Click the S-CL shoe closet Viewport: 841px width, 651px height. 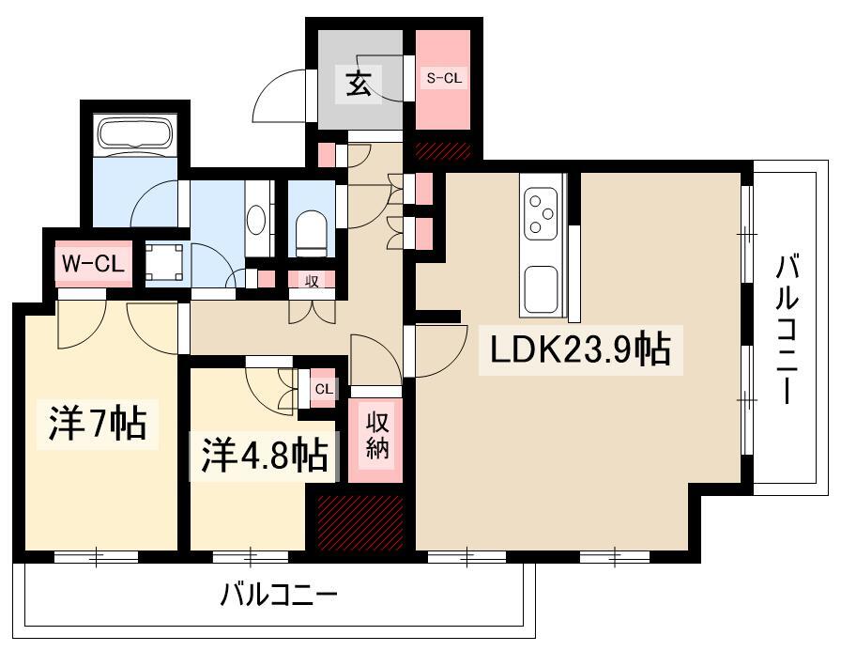(443, 80)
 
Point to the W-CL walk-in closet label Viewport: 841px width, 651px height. (93, 264)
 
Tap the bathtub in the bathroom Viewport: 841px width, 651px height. (134, 134)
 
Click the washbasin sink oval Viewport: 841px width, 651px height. (255, 220)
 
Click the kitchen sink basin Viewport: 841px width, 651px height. (542, 288)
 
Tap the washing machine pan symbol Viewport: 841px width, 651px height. (165, 263)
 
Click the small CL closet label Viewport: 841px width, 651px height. (323, 388)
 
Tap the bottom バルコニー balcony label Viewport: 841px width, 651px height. (279, 595)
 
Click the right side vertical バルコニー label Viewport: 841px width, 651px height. (787, 330)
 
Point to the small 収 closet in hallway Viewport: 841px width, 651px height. (310, 280)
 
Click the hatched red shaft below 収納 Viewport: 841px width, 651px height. (360, 522)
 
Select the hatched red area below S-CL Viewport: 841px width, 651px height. (443, 149)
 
